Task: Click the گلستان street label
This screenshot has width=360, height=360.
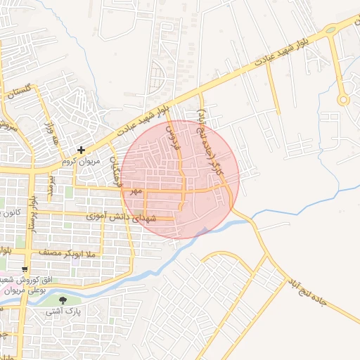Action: point(19,92)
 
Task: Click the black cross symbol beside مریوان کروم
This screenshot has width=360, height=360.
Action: point(82,150)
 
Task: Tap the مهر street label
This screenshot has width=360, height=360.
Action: point(136,191)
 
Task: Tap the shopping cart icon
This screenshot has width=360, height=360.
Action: point(25,269)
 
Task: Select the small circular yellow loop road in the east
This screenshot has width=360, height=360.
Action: point(343,100)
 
